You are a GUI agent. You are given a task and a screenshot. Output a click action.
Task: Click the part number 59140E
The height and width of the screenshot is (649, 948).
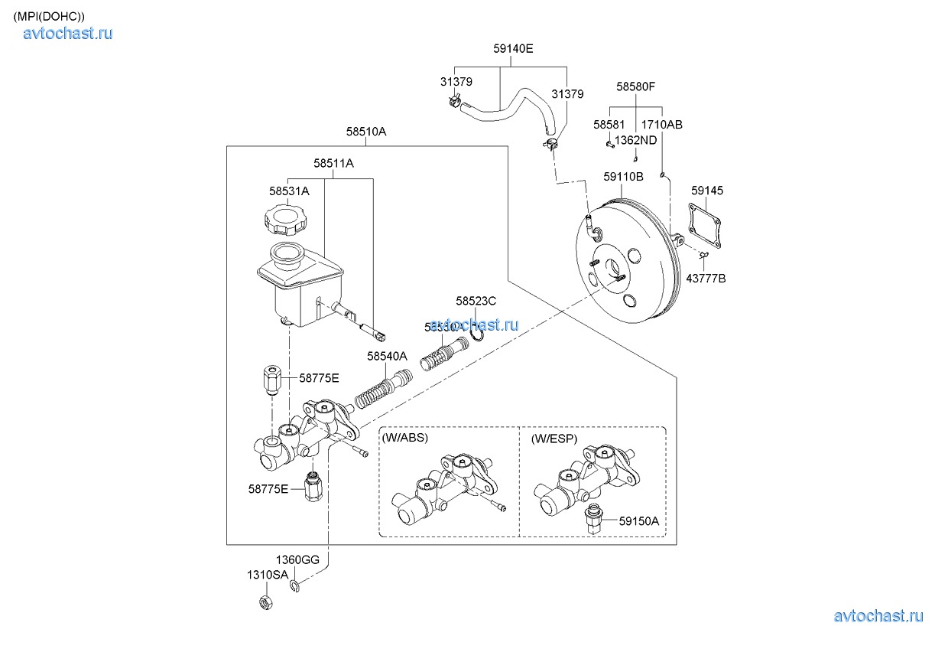(513, 48)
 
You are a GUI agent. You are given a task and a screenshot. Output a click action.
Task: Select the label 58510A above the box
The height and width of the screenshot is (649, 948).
(365, 132)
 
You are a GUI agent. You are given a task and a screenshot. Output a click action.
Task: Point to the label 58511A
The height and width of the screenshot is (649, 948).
(333, 163)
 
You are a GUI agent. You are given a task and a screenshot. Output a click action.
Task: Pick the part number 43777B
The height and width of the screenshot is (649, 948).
(706, 279)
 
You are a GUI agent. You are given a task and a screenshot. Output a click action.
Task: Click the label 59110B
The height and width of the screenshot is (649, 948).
(623, 177)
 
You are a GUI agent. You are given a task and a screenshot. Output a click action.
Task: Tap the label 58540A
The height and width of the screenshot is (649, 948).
(387, 356)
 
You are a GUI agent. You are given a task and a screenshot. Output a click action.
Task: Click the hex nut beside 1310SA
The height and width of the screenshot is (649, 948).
(264, 603)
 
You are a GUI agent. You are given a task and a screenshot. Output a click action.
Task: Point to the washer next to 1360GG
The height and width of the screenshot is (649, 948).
(296, 586)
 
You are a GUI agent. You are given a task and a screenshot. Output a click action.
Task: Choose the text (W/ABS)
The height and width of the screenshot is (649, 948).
(404, 439)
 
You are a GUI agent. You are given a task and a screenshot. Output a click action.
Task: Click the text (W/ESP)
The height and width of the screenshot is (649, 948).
(554, 439)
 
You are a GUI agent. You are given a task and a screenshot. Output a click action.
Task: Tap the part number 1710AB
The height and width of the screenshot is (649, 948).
(661, 124)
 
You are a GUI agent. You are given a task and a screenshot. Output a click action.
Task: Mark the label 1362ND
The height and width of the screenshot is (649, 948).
(636, 140)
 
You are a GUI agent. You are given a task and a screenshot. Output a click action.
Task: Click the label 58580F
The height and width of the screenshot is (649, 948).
(636, 87)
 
